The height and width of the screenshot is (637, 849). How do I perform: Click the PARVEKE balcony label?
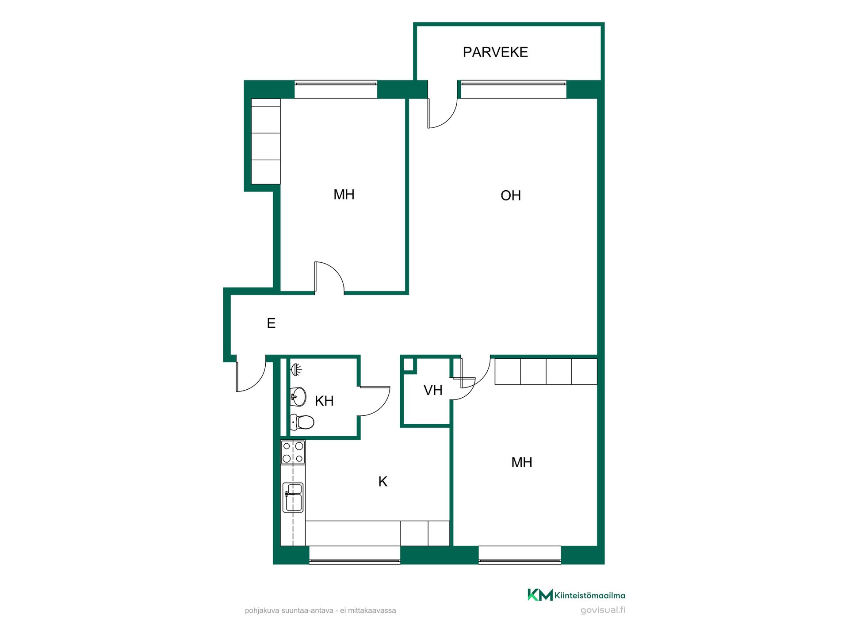(x=495, y=52)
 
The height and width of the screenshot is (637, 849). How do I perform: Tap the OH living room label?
(x=511, y=196)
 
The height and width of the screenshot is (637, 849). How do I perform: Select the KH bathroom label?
(x=324, y=401)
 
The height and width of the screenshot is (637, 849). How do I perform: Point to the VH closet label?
(x=433, y=390)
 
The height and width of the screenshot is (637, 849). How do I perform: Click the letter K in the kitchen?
(x=383, y=482)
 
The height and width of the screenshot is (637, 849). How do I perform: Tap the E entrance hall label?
(x=271, y=323)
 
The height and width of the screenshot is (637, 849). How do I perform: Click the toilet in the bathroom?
(x=302, y=422)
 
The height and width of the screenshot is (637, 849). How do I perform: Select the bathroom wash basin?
(x=298, y=397)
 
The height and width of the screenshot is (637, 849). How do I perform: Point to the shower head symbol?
(x=296, y=370)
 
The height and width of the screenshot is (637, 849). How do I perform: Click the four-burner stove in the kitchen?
(x=293, y=453)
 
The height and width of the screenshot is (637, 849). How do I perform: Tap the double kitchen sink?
(x=293, y=498)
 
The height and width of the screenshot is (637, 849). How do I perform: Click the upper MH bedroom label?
(x=344, y=195)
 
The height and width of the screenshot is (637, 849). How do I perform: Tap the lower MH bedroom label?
(x=522, y=463)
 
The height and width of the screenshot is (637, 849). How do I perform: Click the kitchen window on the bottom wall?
(x=355, y=555)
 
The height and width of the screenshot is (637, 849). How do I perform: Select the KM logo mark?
(x=540, y=595)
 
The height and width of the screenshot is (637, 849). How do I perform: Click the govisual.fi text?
(x=603, y=610)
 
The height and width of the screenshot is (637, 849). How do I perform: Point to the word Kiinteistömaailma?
(x=590, y=595)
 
